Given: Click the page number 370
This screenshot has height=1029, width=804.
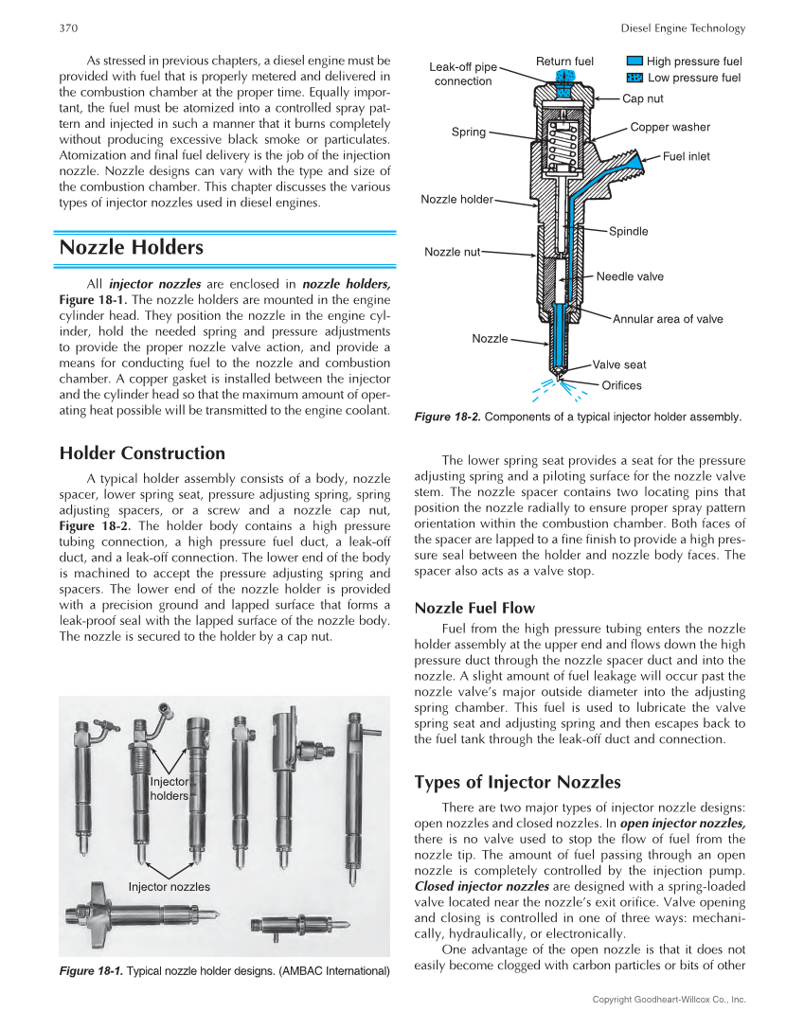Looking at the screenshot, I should tap(68, 28).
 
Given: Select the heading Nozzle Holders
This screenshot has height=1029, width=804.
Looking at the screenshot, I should tap(131, 248).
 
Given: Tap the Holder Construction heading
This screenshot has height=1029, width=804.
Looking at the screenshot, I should tap(142, 453).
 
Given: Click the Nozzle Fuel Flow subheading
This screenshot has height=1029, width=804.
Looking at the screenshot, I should tap(474, 608).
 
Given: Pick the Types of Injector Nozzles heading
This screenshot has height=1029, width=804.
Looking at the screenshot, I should tap(517, 782).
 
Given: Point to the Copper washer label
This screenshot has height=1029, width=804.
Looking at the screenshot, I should tap(670, 127).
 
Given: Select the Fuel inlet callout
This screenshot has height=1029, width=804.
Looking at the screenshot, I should tap(686, 156).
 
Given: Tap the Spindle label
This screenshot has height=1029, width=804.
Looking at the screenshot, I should tap(628, 231).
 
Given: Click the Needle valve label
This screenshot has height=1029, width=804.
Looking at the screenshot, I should tap(630, 276).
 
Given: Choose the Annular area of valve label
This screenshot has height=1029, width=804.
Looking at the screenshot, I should tap(667, 319).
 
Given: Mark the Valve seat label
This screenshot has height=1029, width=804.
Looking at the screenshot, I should tap(619, 364).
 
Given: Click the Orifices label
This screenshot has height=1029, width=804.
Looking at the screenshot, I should tap(621, 385).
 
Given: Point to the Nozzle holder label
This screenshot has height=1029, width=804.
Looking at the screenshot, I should tap(456, 200).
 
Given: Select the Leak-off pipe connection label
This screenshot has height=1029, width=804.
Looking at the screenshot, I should tap(462, 74).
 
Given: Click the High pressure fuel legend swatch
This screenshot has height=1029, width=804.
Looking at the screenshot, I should tap(634, 62).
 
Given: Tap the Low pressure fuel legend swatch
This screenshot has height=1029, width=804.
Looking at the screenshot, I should tap(634, 78).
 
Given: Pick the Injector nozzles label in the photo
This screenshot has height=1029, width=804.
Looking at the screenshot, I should tap(169, 887).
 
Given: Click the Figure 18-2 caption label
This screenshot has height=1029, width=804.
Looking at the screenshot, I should tap(447, 417).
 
